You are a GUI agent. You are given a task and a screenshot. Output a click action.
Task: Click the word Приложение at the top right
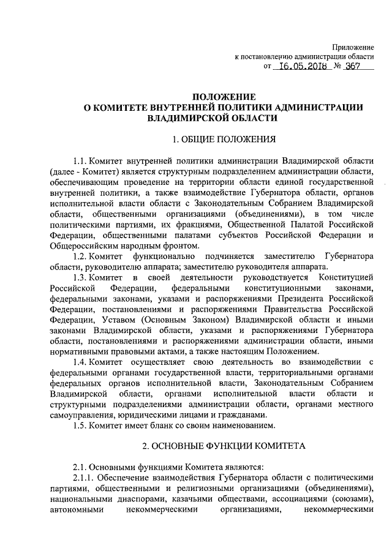(x=353, y=47)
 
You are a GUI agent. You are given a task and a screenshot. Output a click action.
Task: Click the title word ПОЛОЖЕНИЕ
(x=222, y=97)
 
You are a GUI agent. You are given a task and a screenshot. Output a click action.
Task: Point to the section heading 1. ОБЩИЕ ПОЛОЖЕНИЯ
(x=222, y=139)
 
